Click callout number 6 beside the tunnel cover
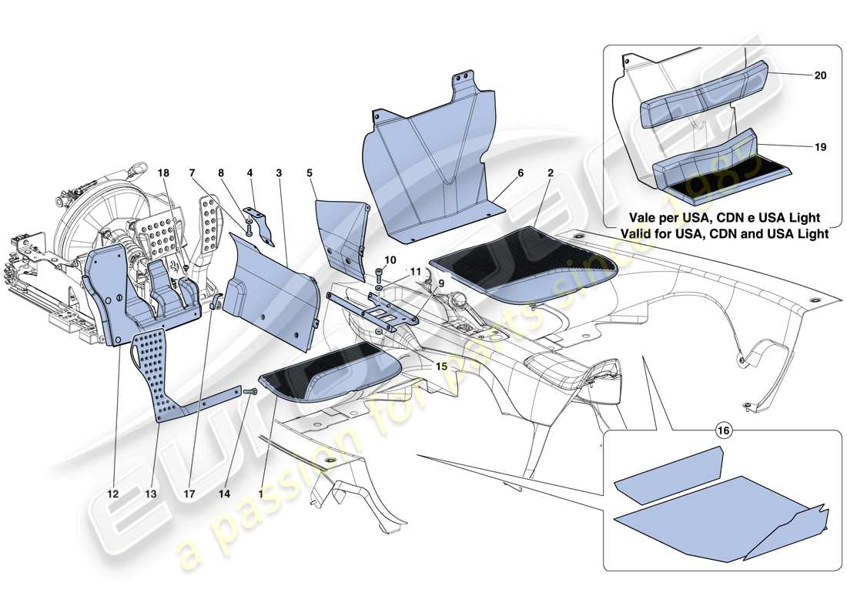(521, 174)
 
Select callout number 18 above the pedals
(163, 174)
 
